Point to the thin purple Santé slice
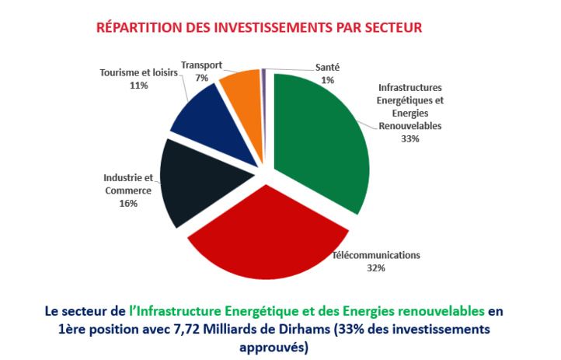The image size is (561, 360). (264, 74)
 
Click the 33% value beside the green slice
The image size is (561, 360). (410, 138)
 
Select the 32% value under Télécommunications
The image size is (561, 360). (376, 267)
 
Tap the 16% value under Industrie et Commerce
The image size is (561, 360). (129, 204)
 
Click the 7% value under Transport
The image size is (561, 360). (201, 78)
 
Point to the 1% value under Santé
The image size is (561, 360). (327, 79)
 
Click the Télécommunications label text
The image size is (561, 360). (376, 255)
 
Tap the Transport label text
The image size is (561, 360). (201, 66)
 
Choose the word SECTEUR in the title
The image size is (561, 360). (391, 28)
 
